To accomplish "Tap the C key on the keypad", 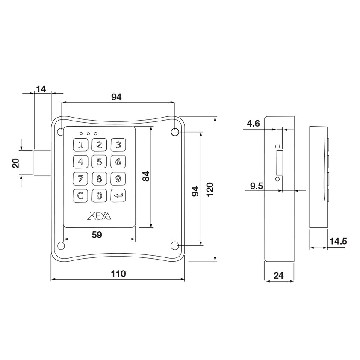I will coord(80,196).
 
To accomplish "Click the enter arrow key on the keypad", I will coord(118,196).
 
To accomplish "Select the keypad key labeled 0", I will coord(99,196).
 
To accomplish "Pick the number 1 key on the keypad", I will coord(80,145).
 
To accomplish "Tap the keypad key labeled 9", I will coord(118,179).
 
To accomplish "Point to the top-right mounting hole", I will coord(175,132).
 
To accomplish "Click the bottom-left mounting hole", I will coord(61,246).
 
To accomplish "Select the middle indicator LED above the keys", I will coord(88,133).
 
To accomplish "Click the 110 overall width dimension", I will coord(118,274).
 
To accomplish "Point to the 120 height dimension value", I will coord(210,189).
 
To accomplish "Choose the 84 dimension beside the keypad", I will coord(145,176).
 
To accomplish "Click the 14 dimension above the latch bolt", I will coord(41,89).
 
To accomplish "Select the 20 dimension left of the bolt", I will coord(16,162).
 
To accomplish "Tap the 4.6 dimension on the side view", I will coord(253,124).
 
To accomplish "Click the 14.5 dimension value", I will coord(338,242).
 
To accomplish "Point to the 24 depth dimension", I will coord(278,276).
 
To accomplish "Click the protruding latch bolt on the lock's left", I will coord(42,162).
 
